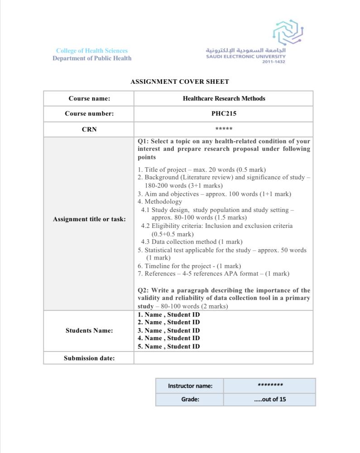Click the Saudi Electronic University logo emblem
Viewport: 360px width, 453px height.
tap(288, 32)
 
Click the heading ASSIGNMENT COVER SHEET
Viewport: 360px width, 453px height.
tap(180, 82)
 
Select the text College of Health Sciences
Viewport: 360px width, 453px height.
tap(92, 51)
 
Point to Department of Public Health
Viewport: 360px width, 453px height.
tap(92, 58)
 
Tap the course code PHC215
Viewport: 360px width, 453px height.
tap(224, 114)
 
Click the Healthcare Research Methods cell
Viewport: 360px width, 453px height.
tap(224, 98)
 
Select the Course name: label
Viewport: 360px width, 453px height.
tap(89, 98)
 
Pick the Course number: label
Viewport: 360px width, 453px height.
tap(89, 114)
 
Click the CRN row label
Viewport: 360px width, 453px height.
tap(89, 130)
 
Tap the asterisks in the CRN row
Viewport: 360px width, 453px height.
tap(224, 130)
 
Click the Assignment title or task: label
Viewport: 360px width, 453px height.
tap(89, 219)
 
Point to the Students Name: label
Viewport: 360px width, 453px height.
tap(89, 331)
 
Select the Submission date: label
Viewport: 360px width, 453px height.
tap(89, 358)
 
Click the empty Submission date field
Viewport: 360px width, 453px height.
tap(224, 358)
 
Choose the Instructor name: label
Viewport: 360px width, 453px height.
tap(190, 386)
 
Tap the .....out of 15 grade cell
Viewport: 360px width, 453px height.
tap(270, 400)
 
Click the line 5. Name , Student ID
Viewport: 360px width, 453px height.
tap(169, 347)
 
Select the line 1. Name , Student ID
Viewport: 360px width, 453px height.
tap(169, 314)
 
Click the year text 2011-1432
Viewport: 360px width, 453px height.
tap(274, 62)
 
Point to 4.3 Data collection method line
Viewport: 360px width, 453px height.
tap(192, 242)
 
